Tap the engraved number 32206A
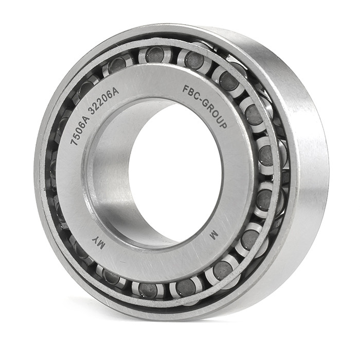pos(103,98)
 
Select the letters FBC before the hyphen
pos(190,92)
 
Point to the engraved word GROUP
pos(214,114)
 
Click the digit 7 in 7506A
pos(74,142)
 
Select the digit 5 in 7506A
pos(77,135)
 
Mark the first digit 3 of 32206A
pos(92,111)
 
